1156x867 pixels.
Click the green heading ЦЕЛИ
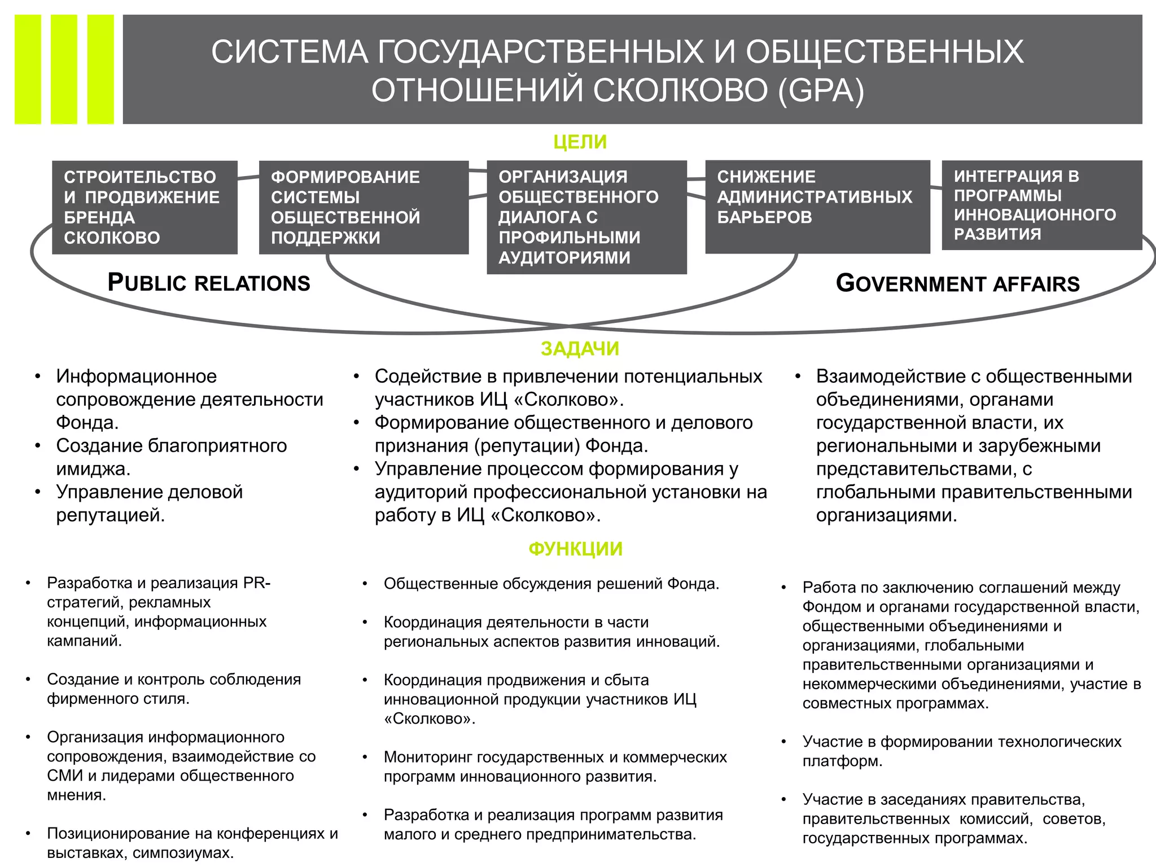(x=580, y=142)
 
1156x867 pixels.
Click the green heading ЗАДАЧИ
(x=580, y=349)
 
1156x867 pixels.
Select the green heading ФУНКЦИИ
(x=575, y=549)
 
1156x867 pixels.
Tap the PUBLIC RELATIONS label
(x=209, y=283)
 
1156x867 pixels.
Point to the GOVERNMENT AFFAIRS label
(x=957, y=283)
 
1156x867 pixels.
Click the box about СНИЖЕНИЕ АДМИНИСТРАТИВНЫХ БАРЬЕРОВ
(x=817, y=207)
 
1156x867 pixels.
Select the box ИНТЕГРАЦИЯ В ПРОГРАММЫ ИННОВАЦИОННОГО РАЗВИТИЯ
(x=1041, y=205)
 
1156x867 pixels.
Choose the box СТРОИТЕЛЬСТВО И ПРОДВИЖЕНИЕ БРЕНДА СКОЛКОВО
(x=144, y=207)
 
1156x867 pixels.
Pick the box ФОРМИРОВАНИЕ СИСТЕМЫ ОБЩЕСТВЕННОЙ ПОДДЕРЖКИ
(x=364, y=207)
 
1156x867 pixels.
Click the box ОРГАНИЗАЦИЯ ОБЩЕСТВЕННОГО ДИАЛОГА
(x=586, y=217)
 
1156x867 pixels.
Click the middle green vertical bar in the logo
(x=64, y=69)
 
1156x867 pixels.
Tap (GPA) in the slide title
(x=821, y=90)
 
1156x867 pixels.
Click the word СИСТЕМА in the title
(x=290, y=51)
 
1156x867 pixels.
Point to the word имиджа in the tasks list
(x=92, y=469)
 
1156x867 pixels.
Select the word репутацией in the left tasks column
(x=110, y=515)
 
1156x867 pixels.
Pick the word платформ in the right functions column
(x=841, y=761)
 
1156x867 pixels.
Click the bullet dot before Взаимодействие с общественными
(x=798, y=376)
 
